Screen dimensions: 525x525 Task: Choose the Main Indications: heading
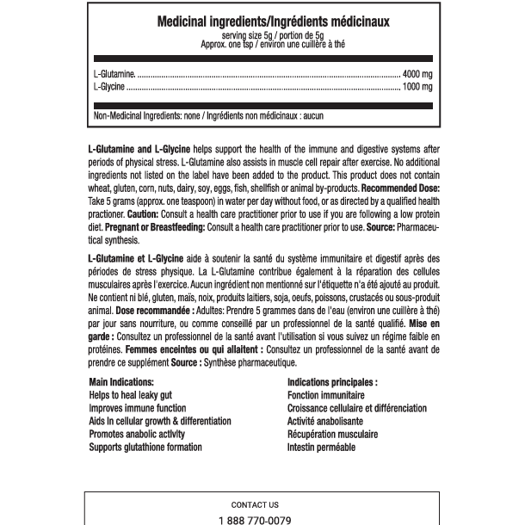tap(121, 382)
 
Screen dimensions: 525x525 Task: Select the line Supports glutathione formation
tap(145, 448)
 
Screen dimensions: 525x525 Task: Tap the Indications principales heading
tap(332, 382)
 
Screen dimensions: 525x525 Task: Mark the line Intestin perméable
tap(321, 448)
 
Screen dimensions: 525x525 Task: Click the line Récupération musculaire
tap(332, 435)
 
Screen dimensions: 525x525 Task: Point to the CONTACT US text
tap(255, 505)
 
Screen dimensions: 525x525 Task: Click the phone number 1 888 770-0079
tap(256, 521)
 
